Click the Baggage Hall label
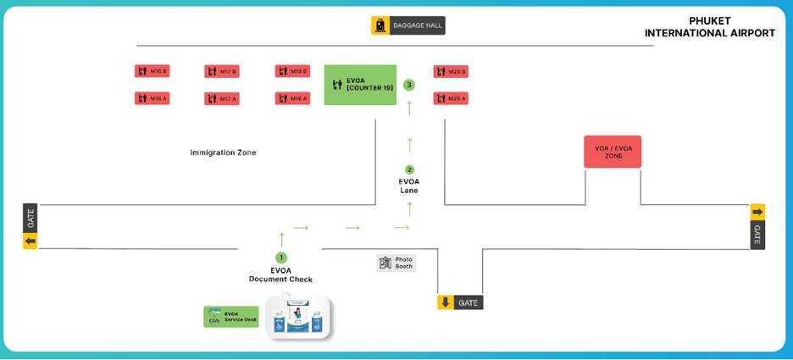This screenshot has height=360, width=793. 408,25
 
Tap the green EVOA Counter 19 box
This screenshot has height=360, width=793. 360,85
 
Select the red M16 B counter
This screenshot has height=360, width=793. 152,71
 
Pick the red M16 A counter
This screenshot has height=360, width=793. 152,98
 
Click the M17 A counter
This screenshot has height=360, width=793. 222,99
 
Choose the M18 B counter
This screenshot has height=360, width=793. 292,71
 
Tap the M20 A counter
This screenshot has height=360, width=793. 451,98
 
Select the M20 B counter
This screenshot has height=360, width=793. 451,71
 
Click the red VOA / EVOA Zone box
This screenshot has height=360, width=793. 613,152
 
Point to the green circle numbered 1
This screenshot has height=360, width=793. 281,258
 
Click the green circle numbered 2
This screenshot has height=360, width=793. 409,169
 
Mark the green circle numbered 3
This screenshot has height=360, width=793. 409,85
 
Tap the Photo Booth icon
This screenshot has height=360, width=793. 386,263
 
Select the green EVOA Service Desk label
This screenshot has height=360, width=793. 231,317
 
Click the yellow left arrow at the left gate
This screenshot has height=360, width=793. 30,241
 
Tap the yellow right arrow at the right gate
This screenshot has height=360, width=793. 757,212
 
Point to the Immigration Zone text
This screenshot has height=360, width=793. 223,152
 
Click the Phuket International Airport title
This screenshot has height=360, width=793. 709,27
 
